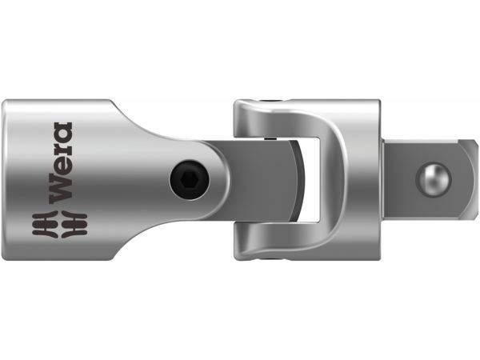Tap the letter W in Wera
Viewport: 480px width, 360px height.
click(x=62, y=192)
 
